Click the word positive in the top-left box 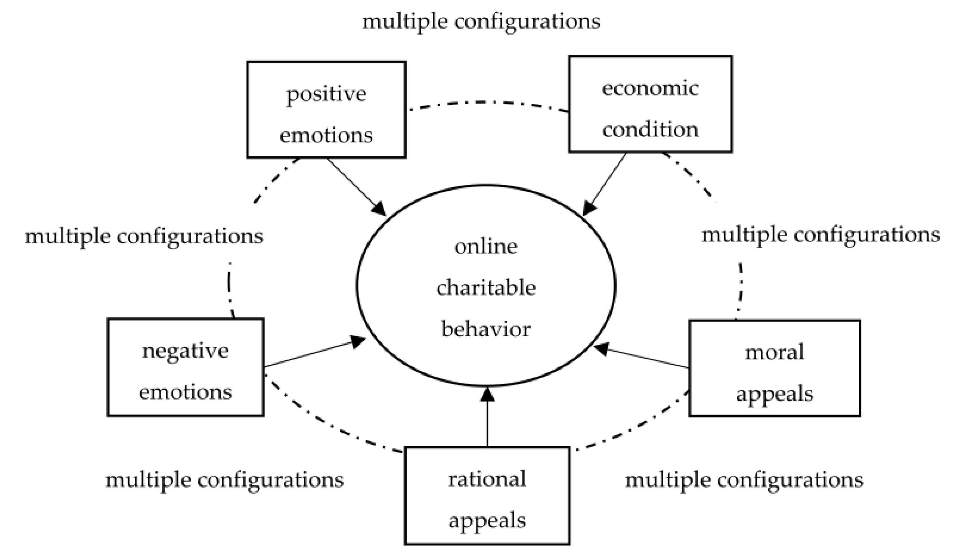click(326, 94)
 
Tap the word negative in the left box click(185, 351)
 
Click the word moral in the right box click(774, 352)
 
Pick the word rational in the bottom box click(487, 479)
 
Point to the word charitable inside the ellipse click(486, 288)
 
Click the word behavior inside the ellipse click(486, 329)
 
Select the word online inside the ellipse click(486, 247)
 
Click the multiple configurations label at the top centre click(481, 21)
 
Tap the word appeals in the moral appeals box click(774, 394)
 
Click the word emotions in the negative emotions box click(185, 392)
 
